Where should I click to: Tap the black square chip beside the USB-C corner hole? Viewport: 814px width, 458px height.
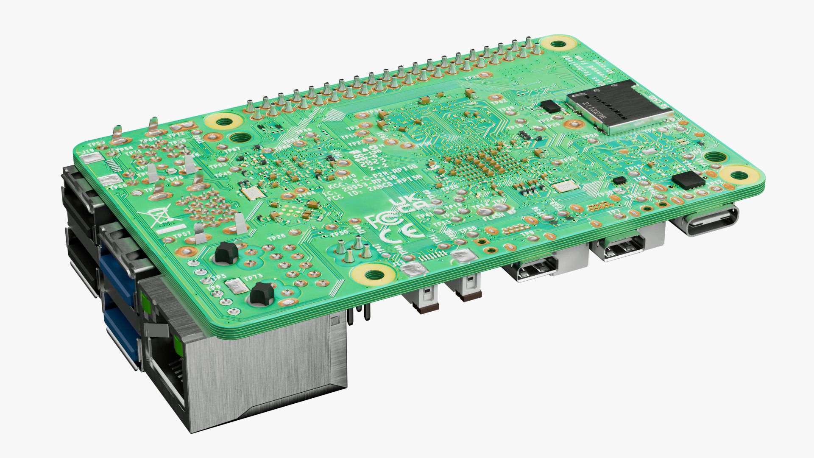[x=688, y=180]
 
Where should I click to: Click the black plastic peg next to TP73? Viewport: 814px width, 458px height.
[x=261, y=293]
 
